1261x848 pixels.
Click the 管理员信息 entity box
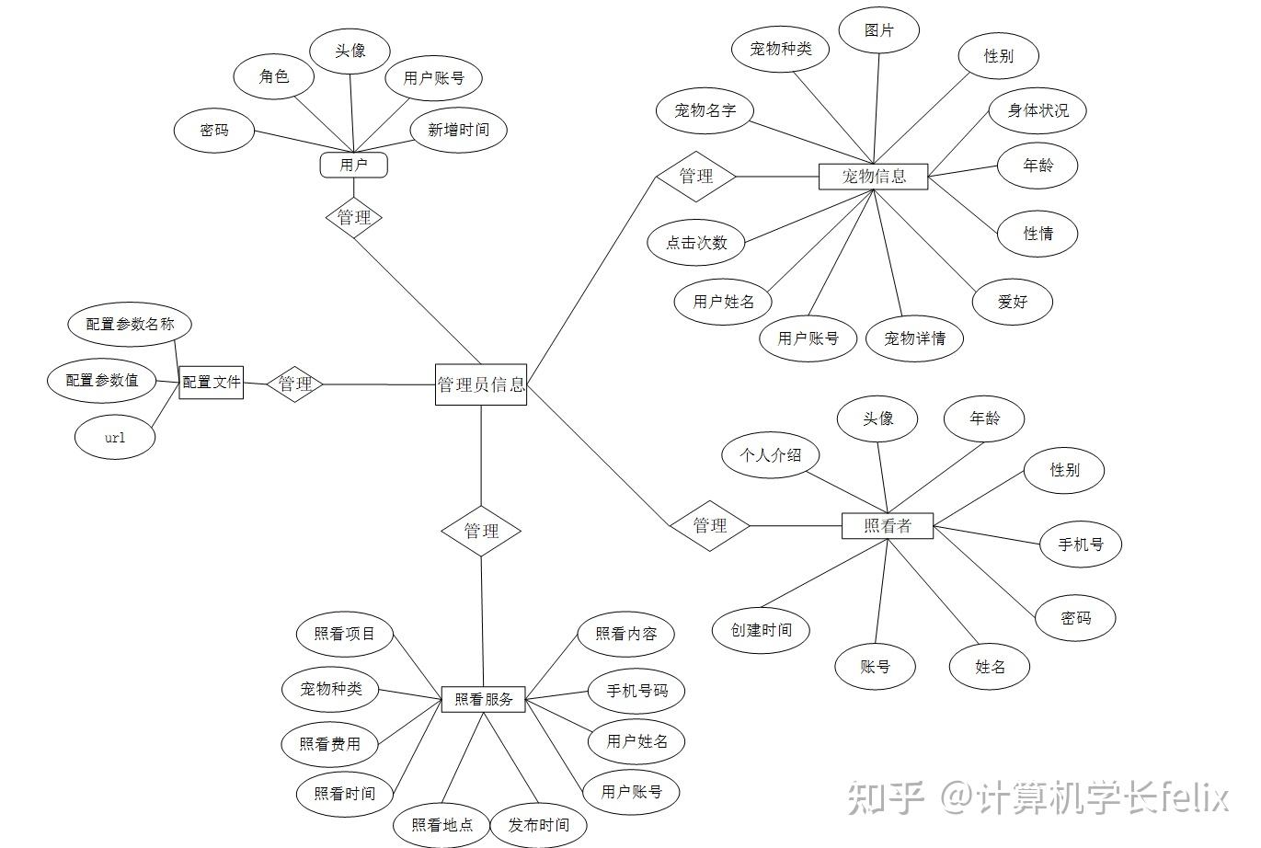click(481, 384)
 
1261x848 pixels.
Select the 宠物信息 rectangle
click(873, 177)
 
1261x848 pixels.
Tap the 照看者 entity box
click(888, 526)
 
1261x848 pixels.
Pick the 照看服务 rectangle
click(484, 699)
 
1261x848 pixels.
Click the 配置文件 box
click(212, 382)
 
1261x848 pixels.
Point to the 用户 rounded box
click(353, 166)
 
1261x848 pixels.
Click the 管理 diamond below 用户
click(354, 218)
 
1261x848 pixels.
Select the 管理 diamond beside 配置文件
click(295, 384)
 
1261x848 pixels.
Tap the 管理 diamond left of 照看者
click(710, 525)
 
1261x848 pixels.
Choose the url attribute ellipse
click(115, 438)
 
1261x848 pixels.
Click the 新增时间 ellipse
click(458, 131)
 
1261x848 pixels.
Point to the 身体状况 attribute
click(1038, 111)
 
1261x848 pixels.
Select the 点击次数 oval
click(696, 243)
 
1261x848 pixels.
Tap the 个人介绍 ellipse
click(770, 455)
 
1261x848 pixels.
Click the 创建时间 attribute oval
click(761, 630)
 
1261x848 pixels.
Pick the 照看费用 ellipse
click(330, 744)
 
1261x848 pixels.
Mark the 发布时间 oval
click(539, 825)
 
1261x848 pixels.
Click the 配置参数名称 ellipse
click(130, 325)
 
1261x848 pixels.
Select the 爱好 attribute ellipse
click(1013, 302)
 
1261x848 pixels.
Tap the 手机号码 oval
click(636, 691)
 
